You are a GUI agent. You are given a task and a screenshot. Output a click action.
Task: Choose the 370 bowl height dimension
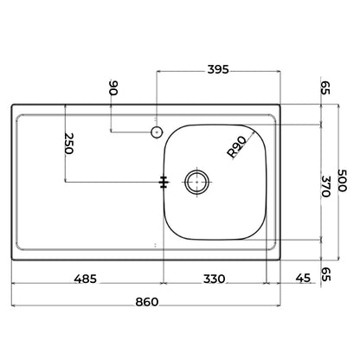[x=325, y=186]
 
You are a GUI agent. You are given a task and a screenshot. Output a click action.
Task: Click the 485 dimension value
[x=84, y=280]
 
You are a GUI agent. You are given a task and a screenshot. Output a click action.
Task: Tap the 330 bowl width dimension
[x=214, y=280]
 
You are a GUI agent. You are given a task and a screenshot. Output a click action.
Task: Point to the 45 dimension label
[x=301, y=280]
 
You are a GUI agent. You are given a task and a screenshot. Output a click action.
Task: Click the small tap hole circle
[x=156, y=132]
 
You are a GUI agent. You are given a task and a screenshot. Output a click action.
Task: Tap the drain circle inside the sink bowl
[x=197, y=182]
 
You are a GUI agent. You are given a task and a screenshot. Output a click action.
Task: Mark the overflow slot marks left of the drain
[x=164, y=182]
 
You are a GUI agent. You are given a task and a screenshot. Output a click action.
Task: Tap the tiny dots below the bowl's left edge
[x=156, y=245]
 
